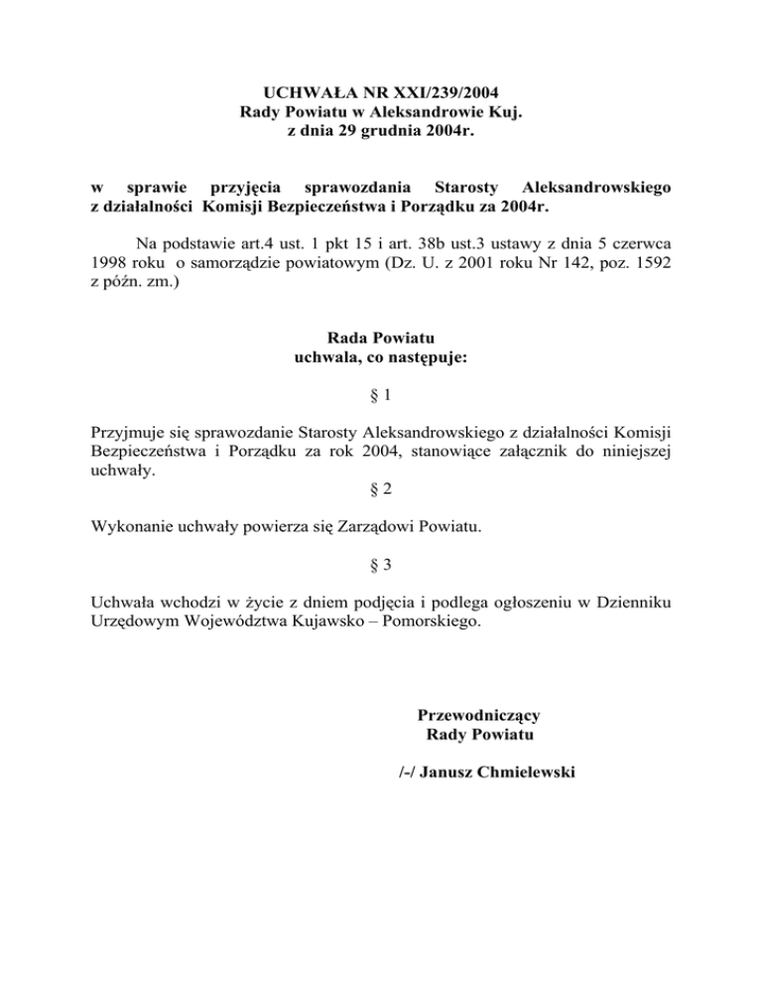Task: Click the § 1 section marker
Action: (380, 396)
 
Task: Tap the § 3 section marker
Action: (380, 565)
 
